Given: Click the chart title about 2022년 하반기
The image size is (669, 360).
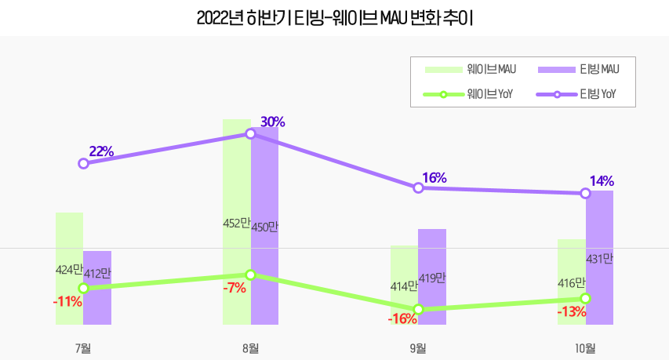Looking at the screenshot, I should click(334, 16).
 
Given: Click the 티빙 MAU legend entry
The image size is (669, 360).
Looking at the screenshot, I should click(579, 70).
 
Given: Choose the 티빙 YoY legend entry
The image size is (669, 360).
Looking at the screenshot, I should click(579, 94).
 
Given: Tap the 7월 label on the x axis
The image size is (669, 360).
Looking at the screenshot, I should click(83, 348).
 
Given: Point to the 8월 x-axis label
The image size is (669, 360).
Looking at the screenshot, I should click(251, 348).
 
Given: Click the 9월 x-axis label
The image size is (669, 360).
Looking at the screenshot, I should click(418, 348).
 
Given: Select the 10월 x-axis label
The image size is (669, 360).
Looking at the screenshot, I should click(585, 348).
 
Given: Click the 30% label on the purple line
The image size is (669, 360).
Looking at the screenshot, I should click(272, 122).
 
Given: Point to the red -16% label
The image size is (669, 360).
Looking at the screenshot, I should click(402, 318).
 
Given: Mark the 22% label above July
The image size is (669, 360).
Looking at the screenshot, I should click(102, 151).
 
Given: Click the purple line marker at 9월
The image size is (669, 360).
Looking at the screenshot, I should click(418, 188).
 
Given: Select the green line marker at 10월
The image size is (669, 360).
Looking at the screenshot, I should click(585, 298).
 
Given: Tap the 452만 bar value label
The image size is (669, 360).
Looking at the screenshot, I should click(237, 223).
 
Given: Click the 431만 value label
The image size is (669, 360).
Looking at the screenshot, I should click(599, 258).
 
